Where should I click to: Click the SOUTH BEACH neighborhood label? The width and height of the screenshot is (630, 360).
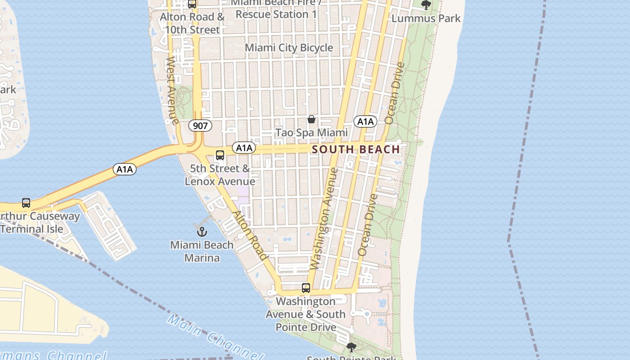(355, 149)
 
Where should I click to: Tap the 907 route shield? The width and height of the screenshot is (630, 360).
(200, 126)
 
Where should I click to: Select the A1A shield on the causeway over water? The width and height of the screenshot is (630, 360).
(125, 169)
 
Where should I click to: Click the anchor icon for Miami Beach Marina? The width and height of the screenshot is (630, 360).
(202, 232)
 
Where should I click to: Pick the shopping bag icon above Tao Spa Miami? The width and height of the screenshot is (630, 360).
(311, 119)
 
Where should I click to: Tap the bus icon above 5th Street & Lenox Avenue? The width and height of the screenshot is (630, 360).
(220, 155)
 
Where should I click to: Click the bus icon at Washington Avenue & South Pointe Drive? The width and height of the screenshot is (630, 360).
(306, 288)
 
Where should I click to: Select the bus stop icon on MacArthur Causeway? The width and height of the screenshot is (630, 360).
(26, 203)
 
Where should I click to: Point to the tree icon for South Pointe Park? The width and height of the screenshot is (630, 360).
(351, 347)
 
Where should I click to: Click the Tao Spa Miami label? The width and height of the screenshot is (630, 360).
(311, 133)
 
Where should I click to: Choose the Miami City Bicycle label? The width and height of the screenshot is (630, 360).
(289, 48)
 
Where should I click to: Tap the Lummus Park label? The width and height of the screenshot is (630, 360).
(426, 18)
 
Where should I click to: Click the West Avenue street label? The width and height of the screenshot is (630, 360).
(172, 90)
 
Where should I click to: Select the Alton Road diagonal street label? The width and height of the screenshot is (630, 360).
(250, 235)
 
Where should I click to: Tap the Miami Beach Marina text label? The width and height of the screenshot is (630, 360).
(202, 252)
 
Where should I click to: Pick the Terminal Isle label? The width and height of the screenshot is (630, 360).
(31, 229)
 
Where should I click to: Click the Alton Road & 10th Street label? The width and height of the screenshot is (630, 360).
(193, 23)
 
